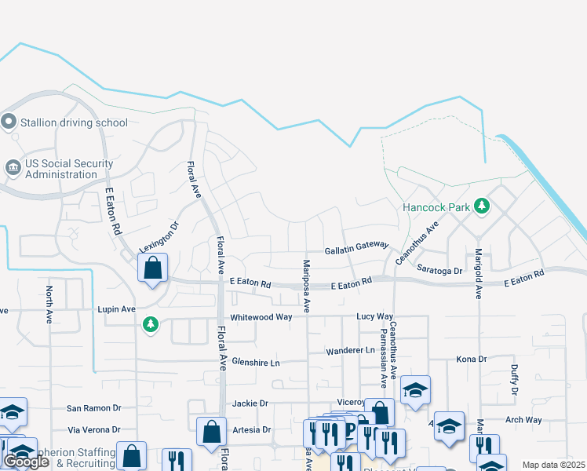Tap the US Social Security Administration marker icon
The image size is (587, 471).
13,168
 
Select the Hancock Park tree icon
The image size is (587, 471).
482,207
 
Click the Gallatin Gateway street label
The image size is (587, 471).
357,246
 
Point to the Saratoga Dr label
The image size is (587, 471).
440,269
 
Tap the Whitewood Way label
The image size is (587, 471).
261,317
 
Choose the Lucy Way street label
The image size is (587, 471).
374,316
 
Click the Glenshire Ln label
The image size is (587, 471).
256,363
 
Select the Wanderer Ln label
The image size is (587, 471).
352,350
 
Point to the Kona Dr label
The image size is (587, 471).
472,359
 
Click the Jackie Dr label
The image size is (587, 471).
250,403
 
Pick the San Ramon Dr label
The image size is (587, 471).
93,408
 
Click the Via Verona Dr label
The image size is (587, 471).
93,430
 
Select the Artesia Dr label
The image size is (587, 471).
250,430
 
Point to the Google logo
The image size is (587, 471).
26,462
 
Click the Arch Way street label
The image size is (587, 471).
523,420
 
